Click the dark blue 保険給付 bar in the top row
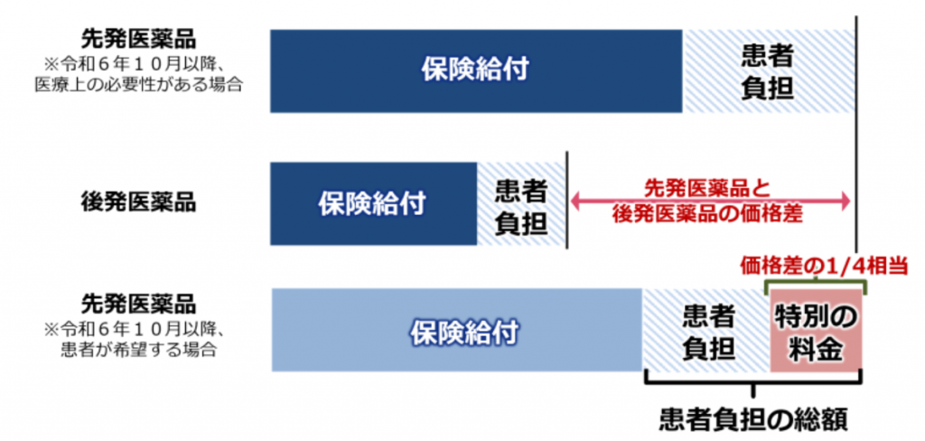(475, 70)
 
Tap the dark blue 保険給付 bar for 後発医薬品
(372, 203)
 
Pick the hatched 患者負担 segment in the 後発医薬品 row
(521, 203)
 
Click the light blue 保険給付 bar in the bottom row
(456, 331)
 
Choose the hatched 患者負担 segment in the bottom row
(705, 331)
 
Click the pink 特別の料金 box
(815, 331)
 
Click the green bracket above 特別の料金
(816, 283)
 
